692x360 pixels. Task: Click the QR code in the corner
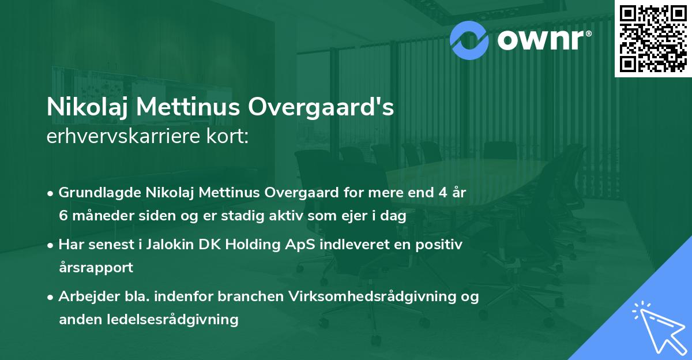click(x=653, y=38)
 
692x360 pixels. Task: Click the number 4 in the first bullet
click(x=439, y=193)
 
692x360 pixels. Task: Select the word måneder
click(x=94, y=216)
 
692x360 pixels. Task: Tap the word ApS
click(x=283, y=245)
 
